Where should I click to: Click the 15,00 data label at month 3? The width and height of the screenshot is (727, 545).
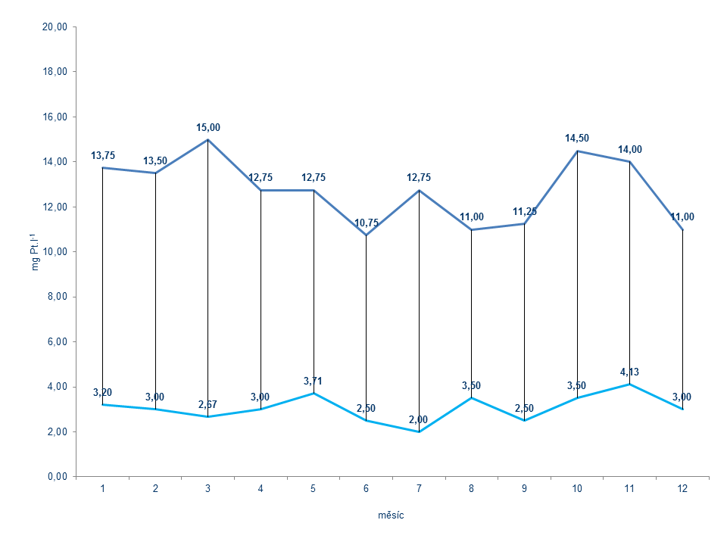207,127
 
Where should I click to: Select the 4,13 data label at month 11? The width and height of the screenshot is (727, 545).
630,372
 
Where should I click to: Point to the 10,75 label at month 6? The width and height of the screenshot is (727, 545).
367,223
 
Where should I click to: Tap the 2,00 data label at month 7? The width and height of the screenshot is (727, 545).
419,419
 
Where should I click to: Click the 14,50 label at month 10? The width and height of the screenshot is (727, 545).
577,139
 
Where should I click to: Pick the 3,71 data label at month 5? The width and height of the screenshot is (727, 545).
314,381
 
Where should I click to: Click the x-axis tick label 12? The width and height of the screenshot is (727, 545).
683,489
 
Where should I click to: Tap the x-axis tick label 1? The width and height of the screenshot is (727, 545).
102,489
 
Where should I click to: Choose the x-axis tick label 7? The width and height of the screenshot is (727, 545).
419,489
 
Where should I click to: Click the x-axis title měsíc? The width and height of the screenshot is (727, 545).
392,515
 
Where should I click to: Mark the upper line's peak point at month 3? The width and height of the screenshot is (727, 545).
208,140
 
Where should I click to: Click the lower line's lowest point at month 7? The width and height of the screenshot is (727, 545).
419,431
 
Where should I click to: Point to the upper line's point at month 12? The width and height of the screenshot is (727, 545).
683,229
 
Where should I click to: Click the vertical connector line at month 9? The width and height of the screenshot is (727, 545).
524,318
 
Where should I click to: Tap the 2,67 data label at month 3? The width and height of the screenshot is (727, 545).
207,405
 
